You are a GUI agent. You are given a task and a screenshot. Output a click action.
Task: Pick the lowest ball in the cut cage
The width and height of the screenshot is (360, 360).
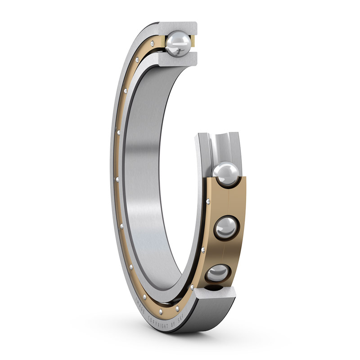pyautogui.click(x=218, y=274)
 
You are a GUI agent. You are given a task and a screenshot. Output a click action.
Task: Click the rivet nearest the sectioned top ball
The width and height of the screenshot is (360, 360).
pyautogui.click(x=153, y=43)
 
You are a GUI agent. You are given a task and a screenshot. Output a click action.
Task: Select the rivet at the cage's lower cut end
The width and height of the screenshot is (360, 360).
pyautogui.click(x=193, y=287)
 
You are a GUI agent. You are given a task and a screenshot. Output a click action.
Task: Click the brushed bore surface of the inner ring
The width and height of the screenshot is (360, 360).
pyautogui.click(x=148, y=180)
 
